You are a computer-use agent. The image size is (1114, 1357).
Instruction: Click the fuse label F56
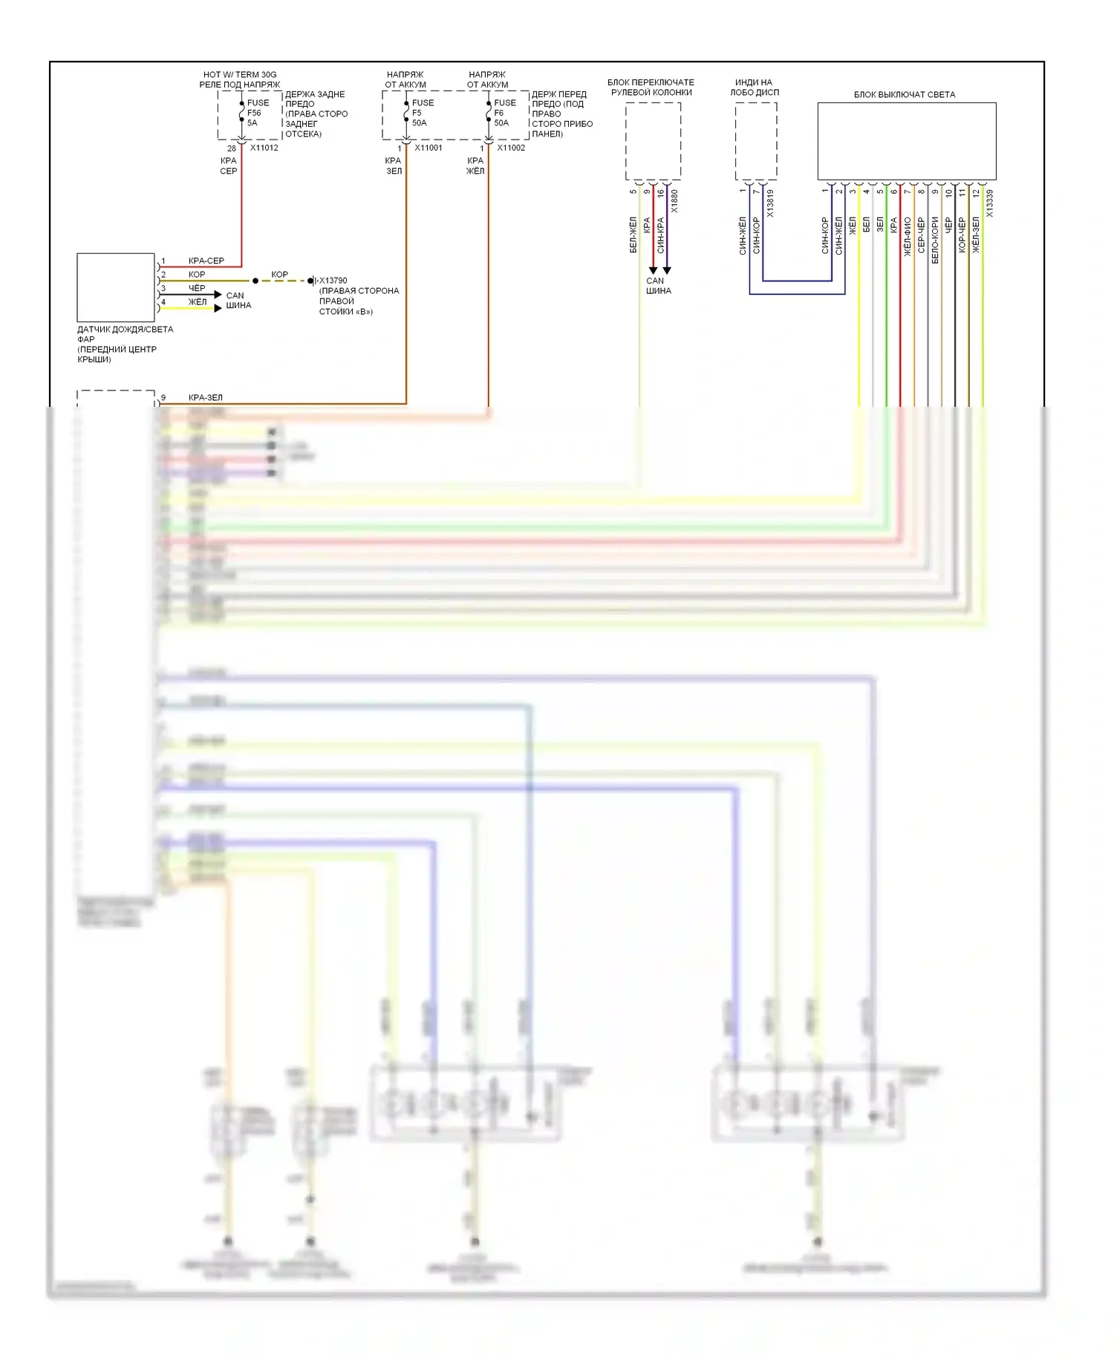(x=254, y=113)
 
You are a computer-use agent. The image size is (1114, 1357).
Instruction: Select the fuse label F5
(x=417, y=113)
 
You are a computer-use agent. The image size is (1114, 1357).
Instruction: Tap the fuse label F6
(x=499, y=113)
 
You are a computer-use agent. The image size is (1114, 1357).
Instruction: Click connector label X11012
(x=264, y=148)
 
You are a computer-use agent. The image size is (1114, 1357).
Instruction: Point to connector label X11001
(x=429, y=148)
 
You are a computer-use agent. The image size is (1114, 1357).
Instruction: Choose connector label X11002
(x=511, y=148)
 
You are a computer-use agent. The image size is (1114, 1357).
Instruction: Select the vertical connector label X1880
(x=674, y=201)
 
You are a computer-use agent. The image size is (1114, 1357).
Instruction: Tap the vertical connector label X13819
(x=770, y=203)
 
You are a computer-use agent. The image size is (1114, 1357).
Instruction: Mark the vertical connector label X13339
(x=989, y=203)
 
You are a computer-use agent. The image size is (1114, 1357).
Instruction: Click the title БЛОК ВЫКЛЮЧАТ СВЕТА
(x=904, y=94)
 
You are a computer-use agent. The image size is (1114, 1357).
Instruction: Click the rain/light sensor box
(x=116, y=287)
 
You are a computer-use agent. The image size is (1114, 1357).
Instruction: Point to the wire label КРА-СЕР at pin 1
(x=206, y=261)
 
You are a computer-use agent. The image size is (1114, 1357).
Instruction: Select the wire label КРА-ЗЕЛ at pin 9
(x=205, y=397)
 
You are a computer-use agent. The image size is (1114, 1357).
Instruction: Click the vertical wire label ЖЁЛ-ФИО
(x=907, y=237)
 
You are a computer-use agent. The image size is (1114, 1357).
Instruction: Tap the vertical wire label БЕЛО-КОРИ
(x=934, y=240)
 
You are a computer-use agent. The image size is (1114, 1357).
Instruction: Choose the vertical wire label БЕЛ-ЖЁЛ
(x=633, y=235)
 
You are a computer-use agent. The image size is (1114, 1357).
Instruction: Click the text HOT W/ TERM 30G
(x=240, y=74)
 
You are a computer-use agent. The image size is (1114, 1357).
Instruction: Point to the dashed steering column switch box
(x=653, y=141)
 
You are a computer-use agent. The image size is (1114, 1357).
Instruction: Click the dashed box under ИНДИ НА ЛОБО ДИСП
(x=756, y=141)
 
